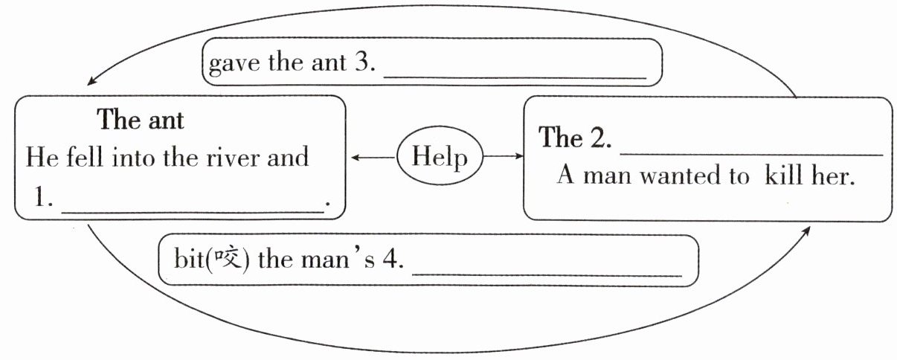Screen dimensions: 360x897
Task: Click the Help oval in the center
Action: pos(440,157)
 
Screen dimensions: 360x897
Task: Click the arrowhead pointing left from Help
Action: pos(355,157)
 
